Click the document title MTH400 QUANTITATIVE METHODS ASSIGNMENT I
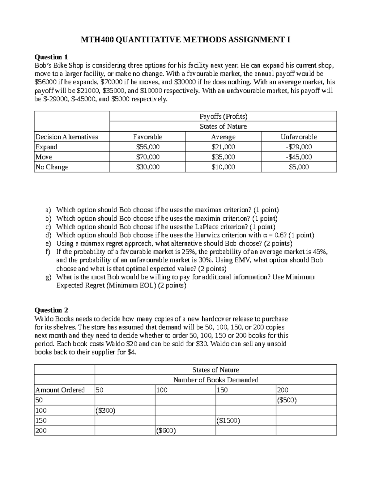click(x=185, y=40)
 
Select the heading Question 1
click(x=51, y=57)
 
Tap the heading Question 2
click(x=51, y=310)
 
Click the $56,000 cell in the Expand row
click(x=148, y=147)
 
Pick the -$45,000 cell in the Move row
click(x=299, y=157)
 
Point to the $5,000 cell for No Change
click(x=299, y=167)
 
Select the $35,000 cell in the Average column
click(x=223, y=157)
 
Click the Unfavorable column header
click(x=299, y=137)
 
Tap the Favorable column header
click(x=148, y=137)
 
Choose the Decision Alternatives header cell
click(x=67, y=137)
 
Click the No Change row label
click(x=52, y=167)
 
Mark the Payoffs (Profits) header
click(x=223, y=117)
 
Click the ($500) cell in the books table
click(x=287, y=400)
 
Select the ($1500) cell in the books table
click(x=228, y=420)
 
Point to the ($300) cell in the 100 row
click(x=106, y=410)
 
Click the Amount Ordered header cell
click(x=60, y=390)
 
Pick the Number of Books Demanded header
click(x=215, y=380)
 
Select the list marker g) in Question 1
click(x=48, y=277)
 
